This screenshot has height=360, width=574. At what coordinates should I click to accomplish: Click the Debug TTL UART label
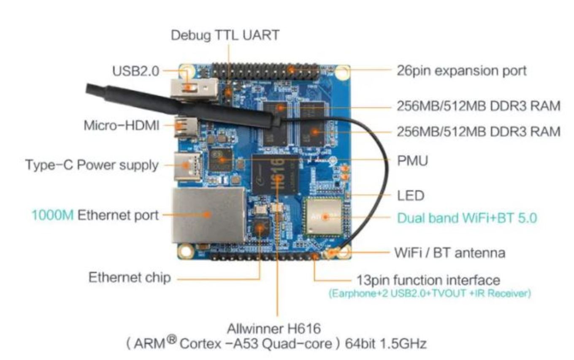[x=225, y=35]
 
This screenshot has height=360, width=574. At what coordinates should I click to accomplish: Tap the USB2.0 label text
[x=136, y=71]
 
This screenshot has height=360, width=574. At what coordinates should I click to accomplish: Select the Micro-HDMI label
[x=122, y=125]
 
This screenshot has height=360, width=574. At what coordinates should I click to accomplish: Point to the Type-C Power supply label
[x=92, y=165]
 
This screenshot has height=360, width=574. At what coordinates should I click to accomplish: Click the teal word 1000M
[x=53, y=215]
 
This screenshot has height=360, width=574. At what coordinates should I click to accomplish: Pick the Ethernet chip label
[x=130, y=278]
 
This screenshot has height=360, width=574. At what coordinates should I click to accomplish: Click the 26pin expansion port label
[x=462, y=71]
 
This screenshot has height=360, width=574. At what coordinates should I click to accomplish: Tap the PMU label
[x=413, y=161]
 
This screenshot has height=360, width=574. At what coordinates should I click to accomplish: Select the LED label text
[x=411, y=196]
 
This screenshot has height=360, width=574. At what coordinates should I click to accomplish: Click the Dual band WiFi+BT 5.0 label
[x=467, y=218]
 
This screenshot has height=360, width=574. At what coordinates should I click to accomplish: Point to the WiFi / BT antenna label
[x=450, y=253]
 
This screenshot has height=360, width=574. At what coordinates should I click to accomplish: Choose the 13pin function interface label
[x=428, y=280]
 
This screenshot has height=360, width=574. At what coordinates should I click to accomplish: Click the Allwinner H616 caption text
[x=273, y=329]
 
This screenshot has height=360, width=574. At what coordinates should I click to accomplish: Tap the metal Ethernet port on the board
[x=209, y=215]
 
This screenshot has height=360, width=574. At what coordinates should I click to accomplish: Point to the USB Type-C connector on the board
[x=187, y=166]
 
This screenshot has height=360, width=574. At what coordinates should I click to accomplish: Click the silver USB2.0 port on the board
[x=194, y=89]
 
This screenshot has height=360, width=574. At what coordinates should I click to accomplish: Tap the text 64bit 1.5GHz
[x=386, y=344]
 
